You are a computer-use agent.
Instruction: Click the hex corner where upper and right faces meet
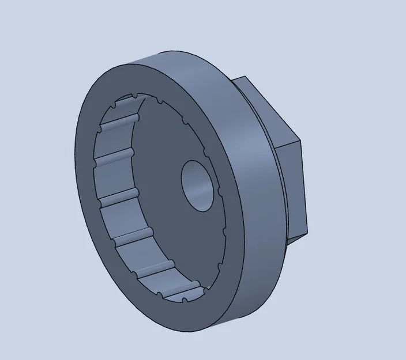tap(301, 140)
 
